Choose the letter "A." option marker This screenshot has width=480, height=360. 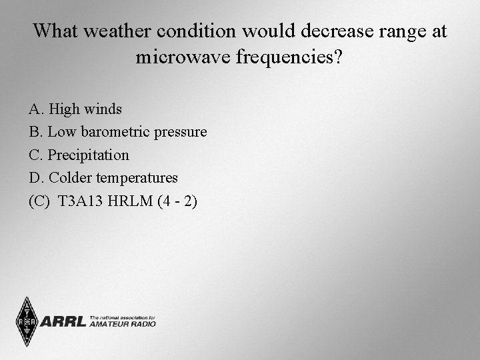point(37,109)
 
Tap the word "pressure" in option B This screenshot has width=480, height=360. point(181,132)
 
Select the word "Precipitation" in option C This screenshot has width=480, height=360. point(89,155)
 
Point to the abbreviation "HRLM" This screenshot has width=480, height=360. point(133,201)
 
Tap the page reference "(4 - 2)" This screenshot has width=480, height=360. point(177,201)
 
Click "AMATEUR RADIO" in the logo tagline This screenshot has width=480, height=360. point(123,325)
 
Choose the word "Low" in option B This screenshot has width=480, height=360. point(62,132)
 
